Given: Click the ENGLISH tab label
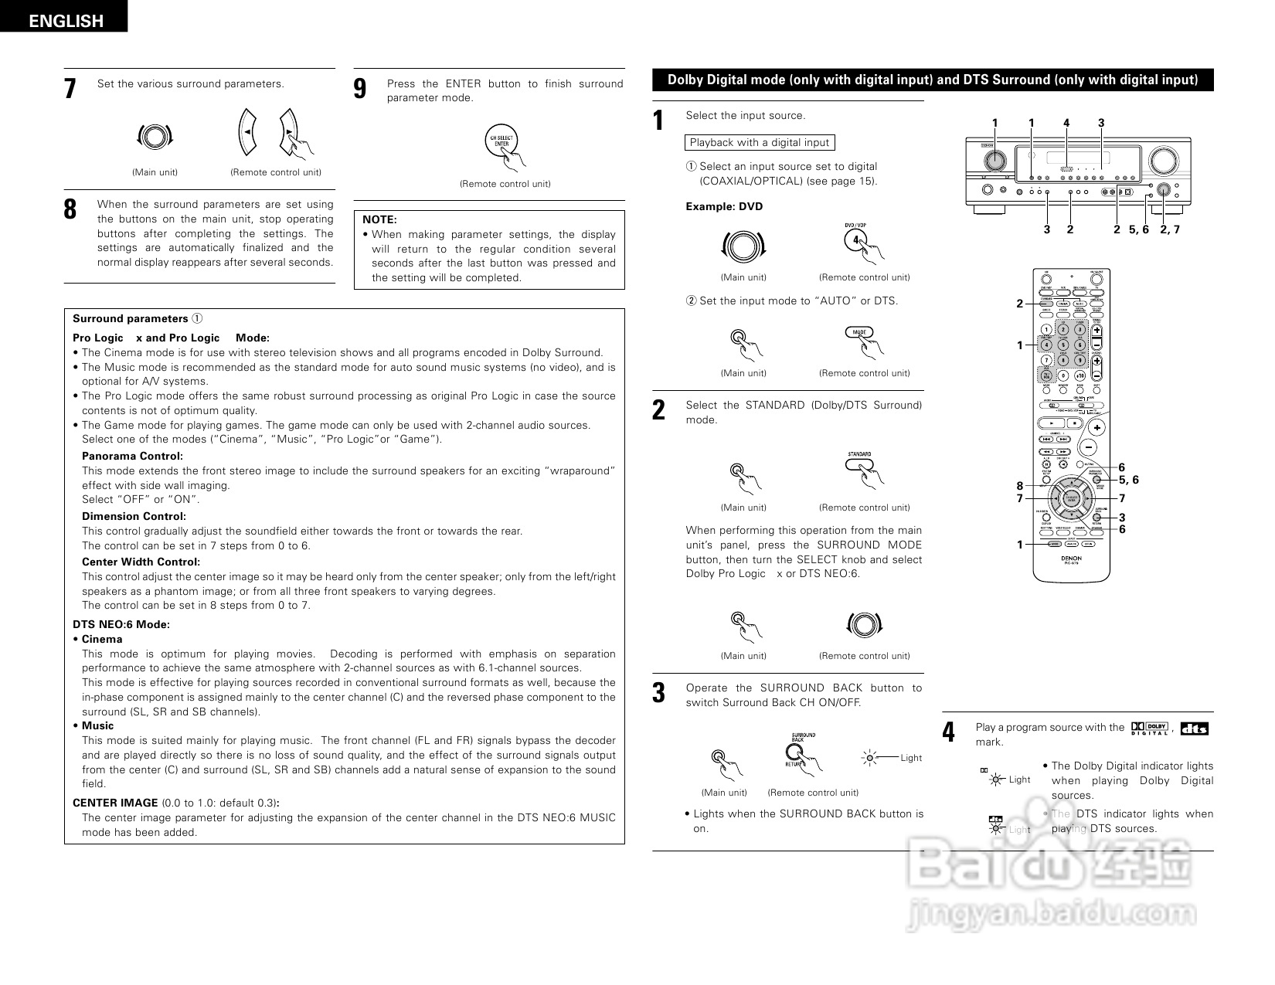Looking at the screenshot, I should click(66, 21).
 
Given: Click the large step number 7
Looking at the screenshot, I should click(70, 89).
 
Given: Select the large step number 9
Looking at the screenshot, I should click(360, 89).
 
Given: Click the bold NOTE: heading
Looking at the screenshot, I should click(379, 220).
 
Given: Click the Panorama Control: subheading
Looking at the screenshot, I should click(132, 456).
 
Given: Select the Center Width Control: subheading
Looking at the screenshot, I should click(141, 562).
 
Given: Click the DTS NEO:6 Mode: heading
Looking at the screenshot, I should click(121, 624).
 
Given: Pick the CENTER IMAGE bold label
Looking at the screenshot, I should click(115, 803).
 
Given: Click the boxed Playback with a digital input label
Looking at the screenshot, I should click(760, 142).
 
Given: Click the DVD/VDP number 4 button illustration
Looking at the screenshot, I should click(856, 239).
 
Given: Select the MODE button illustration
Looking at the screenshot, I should click(859, 332).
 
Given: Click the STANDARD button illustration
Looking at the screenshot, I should click(859, 465).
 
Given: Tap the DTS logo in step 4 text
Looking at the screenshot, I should click(1195, 728).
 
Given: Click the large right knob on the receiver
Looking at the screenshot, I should click(1161, 160).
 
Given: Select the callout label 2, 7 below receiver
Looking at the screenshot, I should click(1170, 229).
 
